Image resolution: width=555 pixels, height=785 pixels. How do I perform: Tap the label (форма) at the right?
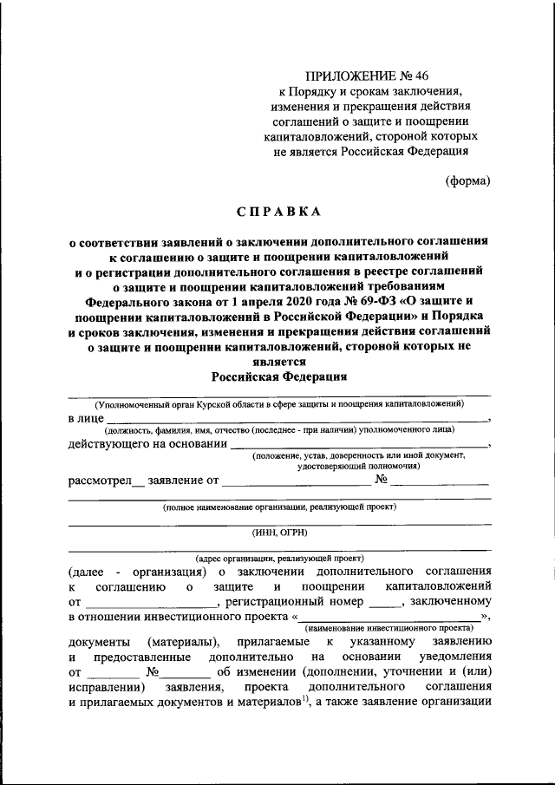(x=468, y=180)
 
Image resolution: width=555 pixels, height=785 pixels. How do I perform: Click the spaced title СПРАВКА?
(x=279, y=210)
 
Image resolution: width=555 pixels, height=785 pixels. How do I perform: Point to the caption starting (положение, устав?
(x=358, y=455)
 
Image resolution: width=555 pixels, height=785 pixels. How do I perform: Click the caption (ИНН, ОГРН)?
(x=279, y=533)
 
